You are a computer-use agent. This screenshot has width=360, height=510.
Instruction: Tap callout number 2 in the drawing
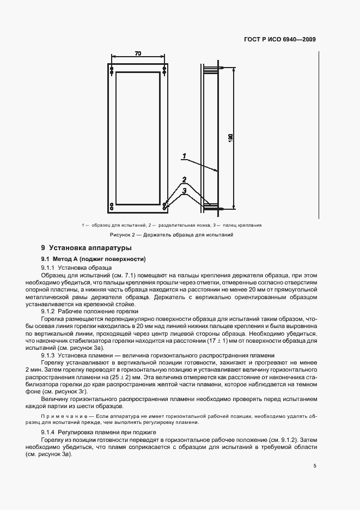point(185,179)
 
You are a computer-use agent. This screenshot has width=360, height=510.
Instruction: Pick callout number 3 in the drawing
point(185,190)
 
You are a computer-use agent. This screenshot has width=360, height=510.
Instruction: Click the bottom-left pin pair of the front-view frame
point(112,206)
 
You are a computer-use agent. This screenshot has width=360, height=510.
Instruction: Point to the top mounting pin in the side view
point(213,69)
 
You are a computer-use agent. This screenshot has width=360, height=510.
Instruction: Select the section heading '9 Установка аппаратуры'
point(83,248)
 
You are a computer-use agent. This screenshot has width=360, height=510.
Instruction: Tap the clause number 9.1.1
point(48,268)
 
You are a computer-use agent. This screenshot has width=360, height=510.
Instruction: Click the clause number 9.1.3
point(48,355)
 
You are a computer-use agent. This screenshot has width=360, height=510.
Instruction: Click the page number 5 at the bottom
point(315,466)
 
